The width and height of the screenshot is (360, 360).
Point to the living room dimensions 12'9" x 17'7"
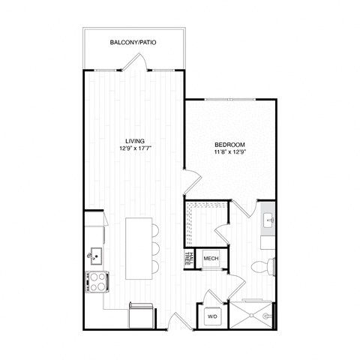point(135,148)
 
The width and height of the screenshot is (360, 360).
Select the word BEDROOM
point(229,144)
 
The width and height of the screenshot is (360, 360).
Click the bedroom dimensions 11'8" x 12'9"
point(229,152)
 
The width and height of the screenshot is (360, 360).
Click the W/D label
point(211,316)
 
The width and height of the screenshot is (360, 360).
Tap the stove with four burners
point(97,281)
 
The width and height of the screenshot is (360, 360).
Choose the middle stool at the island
point(155,248)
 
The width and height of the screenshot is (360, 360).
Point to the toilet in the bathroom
point(262,265)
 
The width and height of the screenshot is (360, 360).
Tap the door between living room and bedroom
point(192,180)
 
